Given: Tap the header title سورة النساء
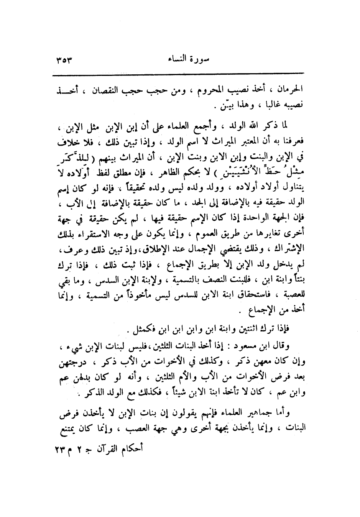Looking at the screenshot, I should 180,60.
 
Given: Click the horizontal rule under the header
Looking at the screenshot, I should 180,73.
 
